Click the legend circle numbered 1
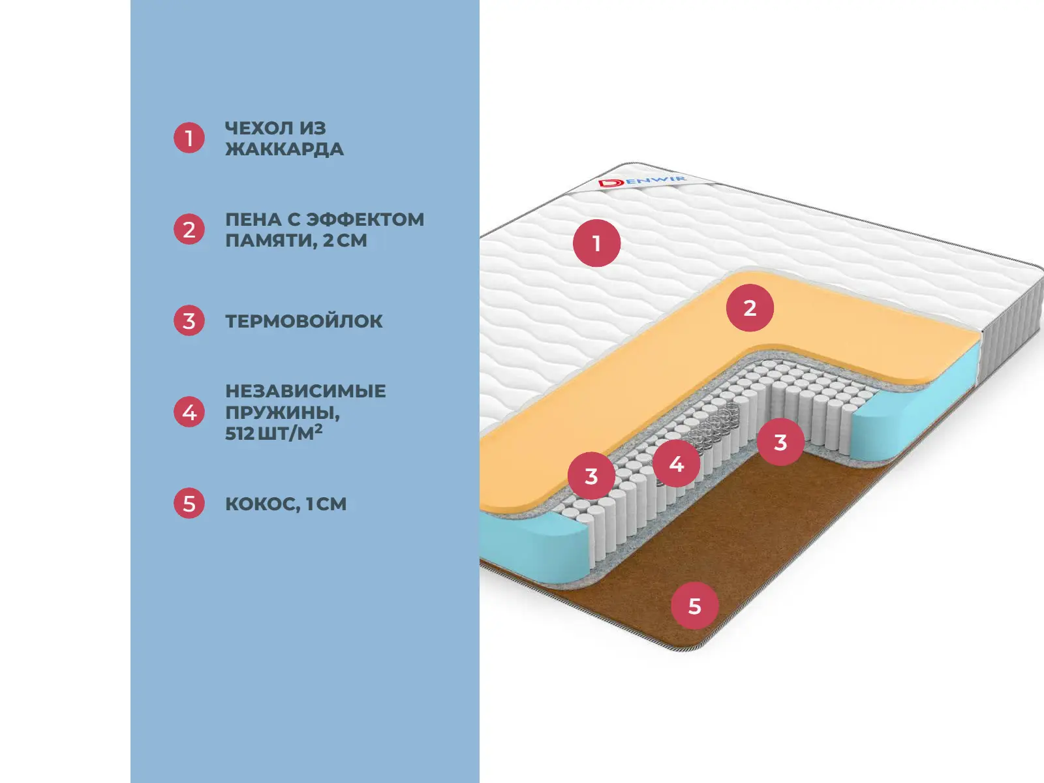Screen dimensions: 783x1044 pyautogui.click(x=189, y=138)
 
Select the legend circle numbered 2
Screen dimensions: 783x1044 pyautogui.click(x=189, y=229)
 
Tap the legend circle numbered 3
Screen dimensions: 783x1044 pyautogui.click(x=189, y=320)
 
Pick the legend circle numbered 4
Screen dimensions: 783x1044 pyautogui.click(x=189, y=412)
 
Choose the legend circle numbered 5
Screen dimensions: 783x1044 pyautogui.click(x=189, y=503)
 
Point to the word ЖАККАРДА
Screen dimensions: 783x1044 pyautogui.click(x=284, y=149)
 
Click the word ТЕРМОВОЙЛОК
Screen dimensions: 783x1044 pyautogui.click(x=303, y=321)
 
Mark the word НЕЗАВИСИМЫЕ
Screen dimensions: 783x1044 pyautogui.click(x=305, y=391)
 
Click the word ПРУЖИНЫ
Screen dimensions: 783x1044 pyautogui.click(x=282, y=412)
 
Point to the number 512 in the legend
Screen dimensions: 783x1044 pyautogui.click(x=239, y=433)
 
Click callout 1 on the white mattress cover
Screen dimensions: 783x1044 pyautogui.click(x=596, y=243)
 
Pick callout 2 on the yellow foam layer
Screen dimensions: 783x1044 pyautogui.click(x=750, y=307)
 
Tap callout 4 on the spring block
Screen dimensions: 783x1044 pyautogui.click(x=676, y=464)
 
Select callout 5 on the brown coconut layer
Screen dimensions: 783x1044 pyautogui.click(x=694, y=606)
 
